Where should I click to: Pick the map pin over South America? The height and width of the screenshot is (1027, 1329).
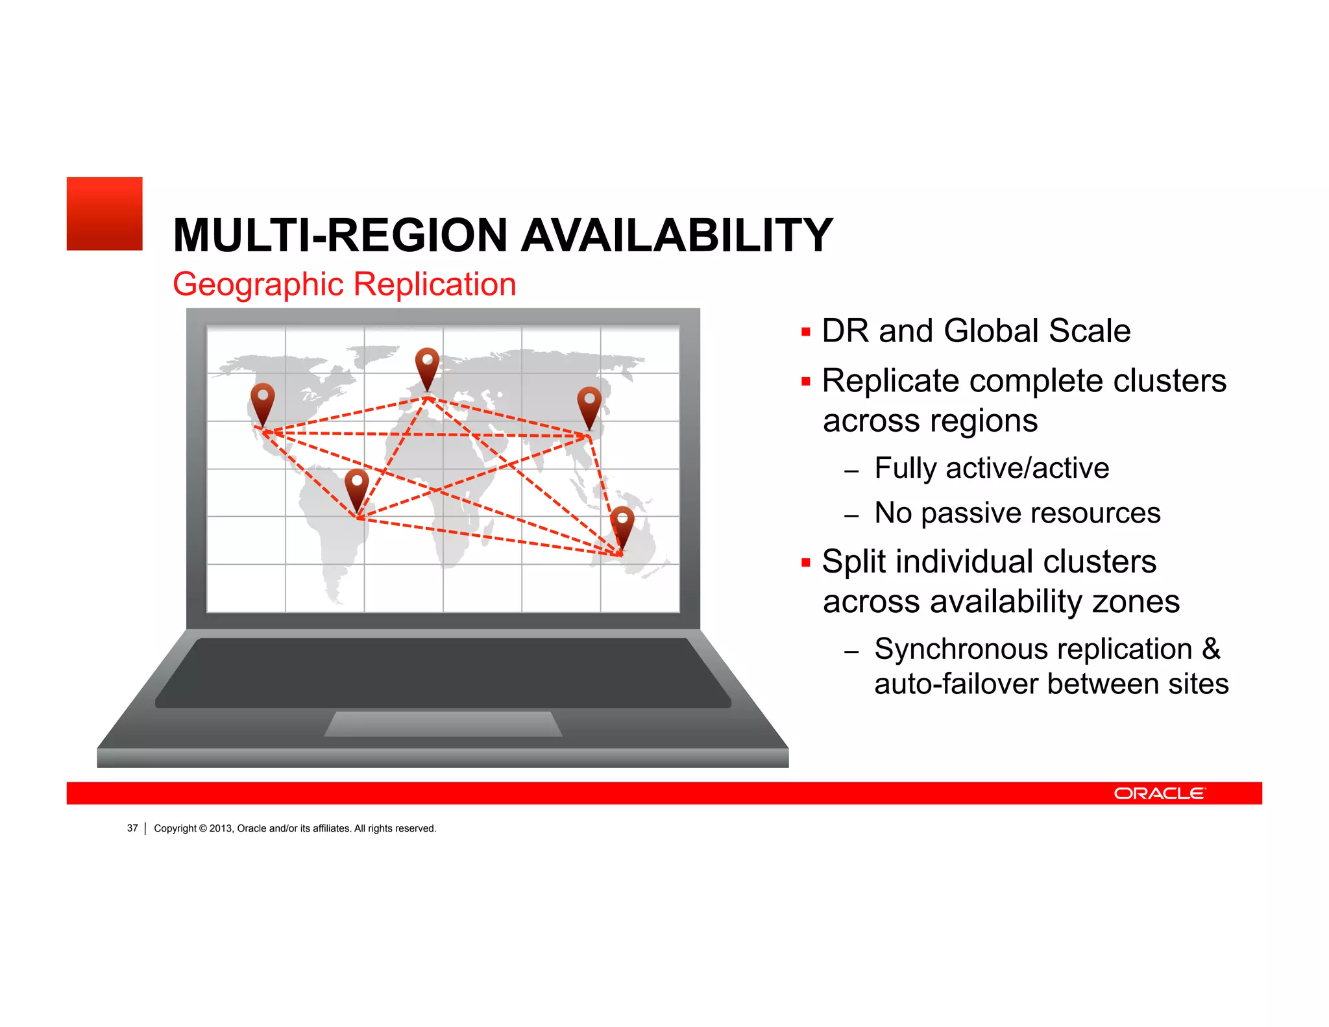pyautogui.click(x=357, y=488)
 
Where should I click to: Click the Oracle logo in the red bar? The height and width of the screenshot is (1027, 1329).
pyautogui.click(x=1160, y=793)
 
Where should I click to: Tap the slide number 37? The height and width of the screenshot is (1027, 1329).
pyautogui.click(x=132, y=828)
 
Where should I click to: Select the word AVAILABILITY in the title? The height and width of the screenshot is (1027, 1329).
pyautogui.click(x=677, y=235)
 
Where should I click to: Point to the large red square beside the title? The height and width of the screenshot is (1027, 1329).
pyautogui.click(x=104, y=214)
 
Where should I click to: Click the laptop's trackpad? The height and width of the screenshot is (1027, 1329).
pyautogui.click(x=443, y=724)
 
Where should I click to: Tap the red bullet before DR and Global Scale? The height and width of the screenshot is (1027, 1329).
pyautogui.click(x=806, y=332)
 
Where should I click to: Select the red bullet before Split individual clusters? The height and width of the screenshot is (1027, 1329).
pyautogui.click(x=806, y=563)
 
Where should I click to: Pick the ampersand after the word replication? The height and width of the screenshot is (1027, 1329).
pyautogui.click(x=1211, y=649)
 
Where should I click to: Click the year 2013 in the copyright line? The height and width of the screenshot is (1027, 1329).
pyautogui.click(x=221, y=828)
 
